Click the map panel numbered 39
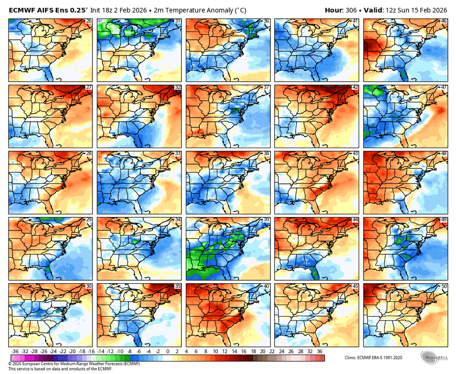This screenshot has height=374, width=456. click(x=228, y=248)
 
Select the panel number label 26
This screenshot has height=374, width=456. click(x=89, y=21)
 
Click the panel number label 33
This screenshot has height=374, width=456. click(x=178, y=154)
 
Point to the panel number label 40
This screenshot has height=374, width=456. click(x=266, y=286)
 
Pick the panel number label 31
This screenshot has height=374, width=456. click(x=178, y=21)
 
